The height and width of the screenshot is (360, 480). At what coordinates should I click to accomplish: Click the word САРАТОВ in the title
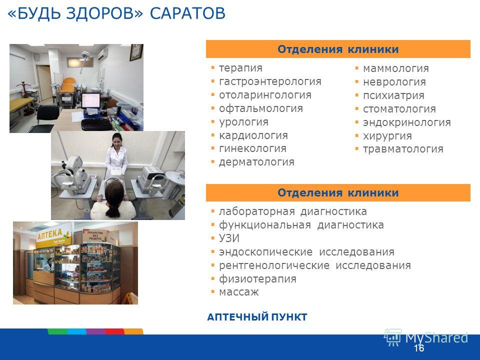[x=187, y=13]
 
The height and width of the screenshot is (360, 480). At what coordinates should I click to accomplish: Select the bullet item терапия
[x=240, y=68]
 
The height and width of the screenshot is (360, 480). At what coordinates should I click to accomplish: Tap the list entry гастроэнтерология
[x=270, y=81]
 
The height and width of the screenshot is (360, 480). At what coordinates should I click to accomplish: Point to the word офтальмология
[x=261, y=108]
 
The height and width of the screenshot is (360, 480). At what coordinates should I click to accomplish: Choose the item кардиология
[x=253, y=135]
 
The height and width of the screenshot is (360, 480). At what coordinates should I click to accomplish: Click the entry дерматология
[x=256, y=162]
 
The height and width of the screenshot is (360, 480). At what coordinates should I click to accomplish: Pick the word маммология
[x=396, y=68]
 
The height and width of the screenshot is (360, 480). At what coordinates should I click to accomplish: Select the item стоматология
[x=399, y=109]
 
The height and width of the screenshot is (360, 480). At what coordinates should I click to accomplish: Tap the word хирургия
[x=387, y=136]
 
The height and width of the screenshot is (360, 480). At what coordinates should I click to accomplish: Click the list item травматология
[x=403, y=149]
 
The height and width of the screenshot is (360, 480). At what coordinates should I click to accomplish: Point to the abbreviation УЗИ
[x=229, y=238]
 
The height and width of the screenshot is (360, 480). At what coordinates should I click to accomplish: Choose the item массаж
[x=239, y=292]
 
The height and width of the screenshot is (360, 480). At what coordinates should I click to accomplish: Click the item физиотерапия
[x=257, y=279]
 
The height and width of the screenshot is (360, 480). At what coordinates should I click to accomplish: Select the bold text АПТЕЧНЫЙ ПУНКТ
[x=257, y=317]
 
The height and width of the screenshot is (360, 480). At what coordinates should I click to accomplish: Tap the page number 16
[x=419, y=348]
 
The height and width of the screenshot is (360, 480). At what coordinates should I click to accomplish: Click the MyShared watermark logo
[x=426, y=337]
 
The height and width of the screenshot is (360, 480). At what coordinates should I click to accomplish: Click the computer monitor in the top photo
[x=91, y=101]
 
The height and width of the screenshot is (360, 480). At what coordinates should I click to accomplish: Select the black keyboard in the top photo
[x=97, y=124]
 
